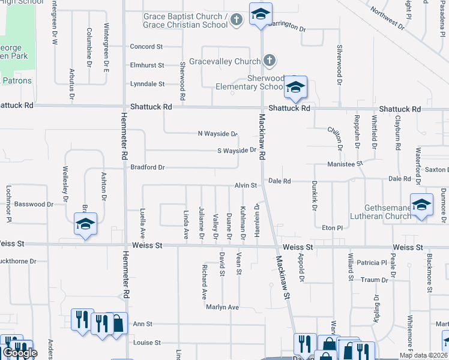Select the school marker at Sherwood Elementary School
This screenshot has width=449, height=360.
[x=295, y=88]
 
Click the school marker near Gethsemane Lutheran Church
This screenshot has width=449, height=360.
[x=421, y=206]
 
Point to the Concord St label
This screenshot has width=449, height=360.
[x=147, y=46]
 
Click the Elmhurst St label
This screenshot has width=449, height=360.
[x=147, y=65]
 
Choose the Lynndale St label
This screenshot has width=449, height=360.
[x=148, y=85]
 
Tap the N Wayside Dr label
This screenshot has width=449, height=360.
[x=217, y=134]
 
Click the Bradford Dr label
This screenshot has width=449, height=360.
[x=148, y=167]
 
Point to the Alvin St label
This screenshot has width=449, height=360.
[x=246, y=186]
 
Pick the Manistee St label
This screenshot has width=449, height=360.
[x=345, y=163]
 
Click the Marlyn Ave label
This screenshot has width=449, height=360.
[x=222, y=307]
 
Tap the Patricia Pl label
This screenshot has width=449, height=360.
[x=371, y=263]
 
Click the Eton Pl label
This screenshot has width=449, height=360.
[x=331, y=228]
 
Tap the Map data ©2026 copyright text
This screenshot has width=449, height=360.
[x=423, y=356]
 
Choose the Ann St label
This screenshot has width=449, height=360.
[x=139, y=323]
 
